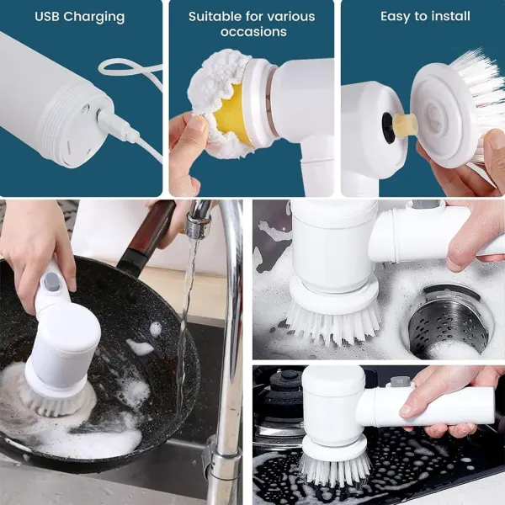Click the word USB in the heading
tap(47, 17)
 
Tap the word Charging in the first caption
tap(94, 18)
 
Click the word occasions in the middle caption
tap(253, 32)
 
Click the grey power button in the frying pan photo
tap(50, 281)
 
